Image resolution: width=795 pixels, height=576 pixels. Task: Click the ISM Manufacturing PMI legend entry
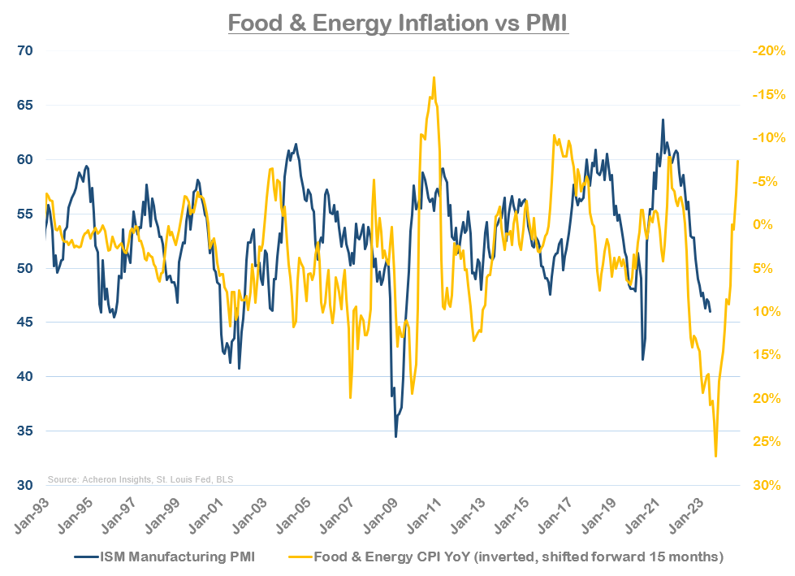166,557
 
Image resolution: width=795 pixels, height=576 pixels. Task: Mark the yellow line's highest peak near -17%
434,78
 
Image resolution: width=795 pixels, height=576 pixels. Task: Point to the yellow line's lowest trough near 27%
715,456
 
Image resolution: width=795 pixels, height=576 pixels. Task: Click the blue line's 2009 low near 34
395,436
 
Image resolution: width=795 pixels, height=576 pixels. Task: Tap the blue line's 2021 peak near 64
663,119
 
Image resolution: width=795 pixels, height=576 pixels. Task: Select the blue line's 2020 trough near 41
642,359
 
